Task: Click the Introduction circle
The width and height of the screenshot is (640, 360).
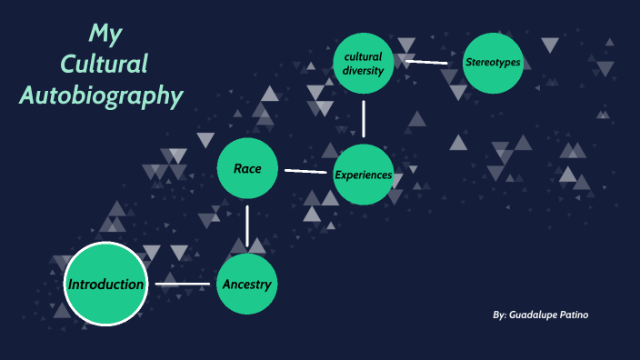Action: point(105,285)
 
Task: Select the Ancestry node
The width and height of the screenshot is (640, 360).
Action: point(246,285)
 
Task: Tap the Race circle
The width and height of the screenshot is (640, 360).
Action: point(247,169)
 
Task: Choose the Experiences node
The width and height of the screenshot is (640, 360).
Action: point(364,175)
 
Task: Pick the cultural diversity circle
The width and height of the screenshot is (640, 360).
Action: point(364,64)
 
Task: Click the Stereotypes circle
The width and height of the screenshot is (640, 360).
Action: point(493,63)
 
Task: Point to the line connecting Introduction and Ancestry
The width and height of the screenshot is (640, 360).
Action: point(182,285)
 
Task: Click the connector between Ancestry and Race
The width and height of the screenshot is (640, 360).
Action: point(247,226)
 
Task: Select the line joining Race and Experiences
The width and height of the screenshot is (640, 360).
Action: point(305,171)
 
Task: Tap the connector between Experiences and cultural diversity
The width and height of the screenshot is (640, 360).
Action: point(364,118)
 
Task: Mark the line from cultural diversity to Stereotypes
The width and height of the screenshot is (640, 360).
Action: point(427,63)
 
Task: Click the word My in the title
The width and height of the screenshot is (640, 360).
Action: point(105,35)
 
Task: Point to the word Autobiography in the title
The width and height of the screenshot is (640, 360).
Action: point(103,95)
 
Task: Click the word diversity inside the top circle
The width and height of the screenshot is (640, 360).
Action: point(364,72)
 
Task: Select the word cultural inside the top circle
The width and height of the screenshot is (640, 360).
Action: point(364,56)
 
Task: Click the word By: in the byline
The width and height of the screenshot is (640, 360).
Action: point(499,315)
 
